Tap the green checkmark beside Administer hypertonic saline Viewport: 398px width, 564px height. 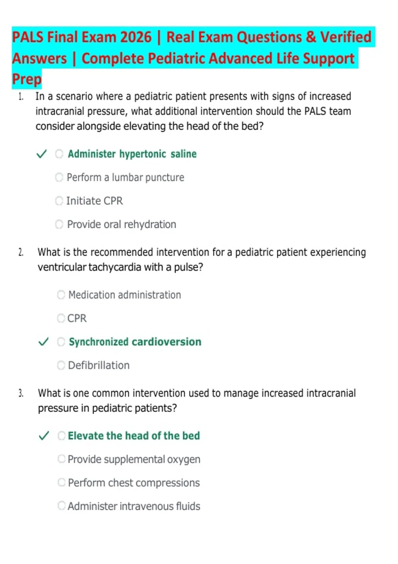point(41,154)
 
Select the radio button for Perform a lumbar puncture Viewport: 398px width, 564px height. point(59,177)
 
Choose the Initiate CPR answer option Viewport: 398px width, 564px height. point(95,201)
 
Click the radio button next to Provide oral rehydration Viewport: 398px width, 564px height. point(59,225)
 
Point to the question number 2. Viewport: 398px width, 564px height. point(21,252)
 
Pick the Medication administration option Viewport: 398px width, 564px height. point(124,295)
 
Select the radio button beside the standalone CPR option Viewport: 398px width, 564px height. point(61,318)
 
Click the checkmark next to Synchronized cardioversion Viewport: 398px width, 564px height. point(43,342)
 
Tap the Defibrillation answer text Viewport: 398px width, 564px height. point(99,366)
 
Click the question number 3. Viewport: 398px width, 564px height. point(21,393)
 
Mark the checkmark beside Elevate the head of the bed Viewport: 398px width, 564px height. point(44,436)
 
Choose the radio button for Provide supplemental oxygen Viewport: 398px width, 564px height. point(61,459)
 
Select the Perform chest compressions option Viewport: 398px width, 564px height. point(134,483)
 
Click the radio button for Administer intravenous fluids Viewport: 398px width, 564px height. point(61,506)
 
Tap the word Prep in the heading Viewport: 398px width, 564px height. point(27,79)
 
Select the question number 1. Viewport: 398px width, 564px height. point(21,97)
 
